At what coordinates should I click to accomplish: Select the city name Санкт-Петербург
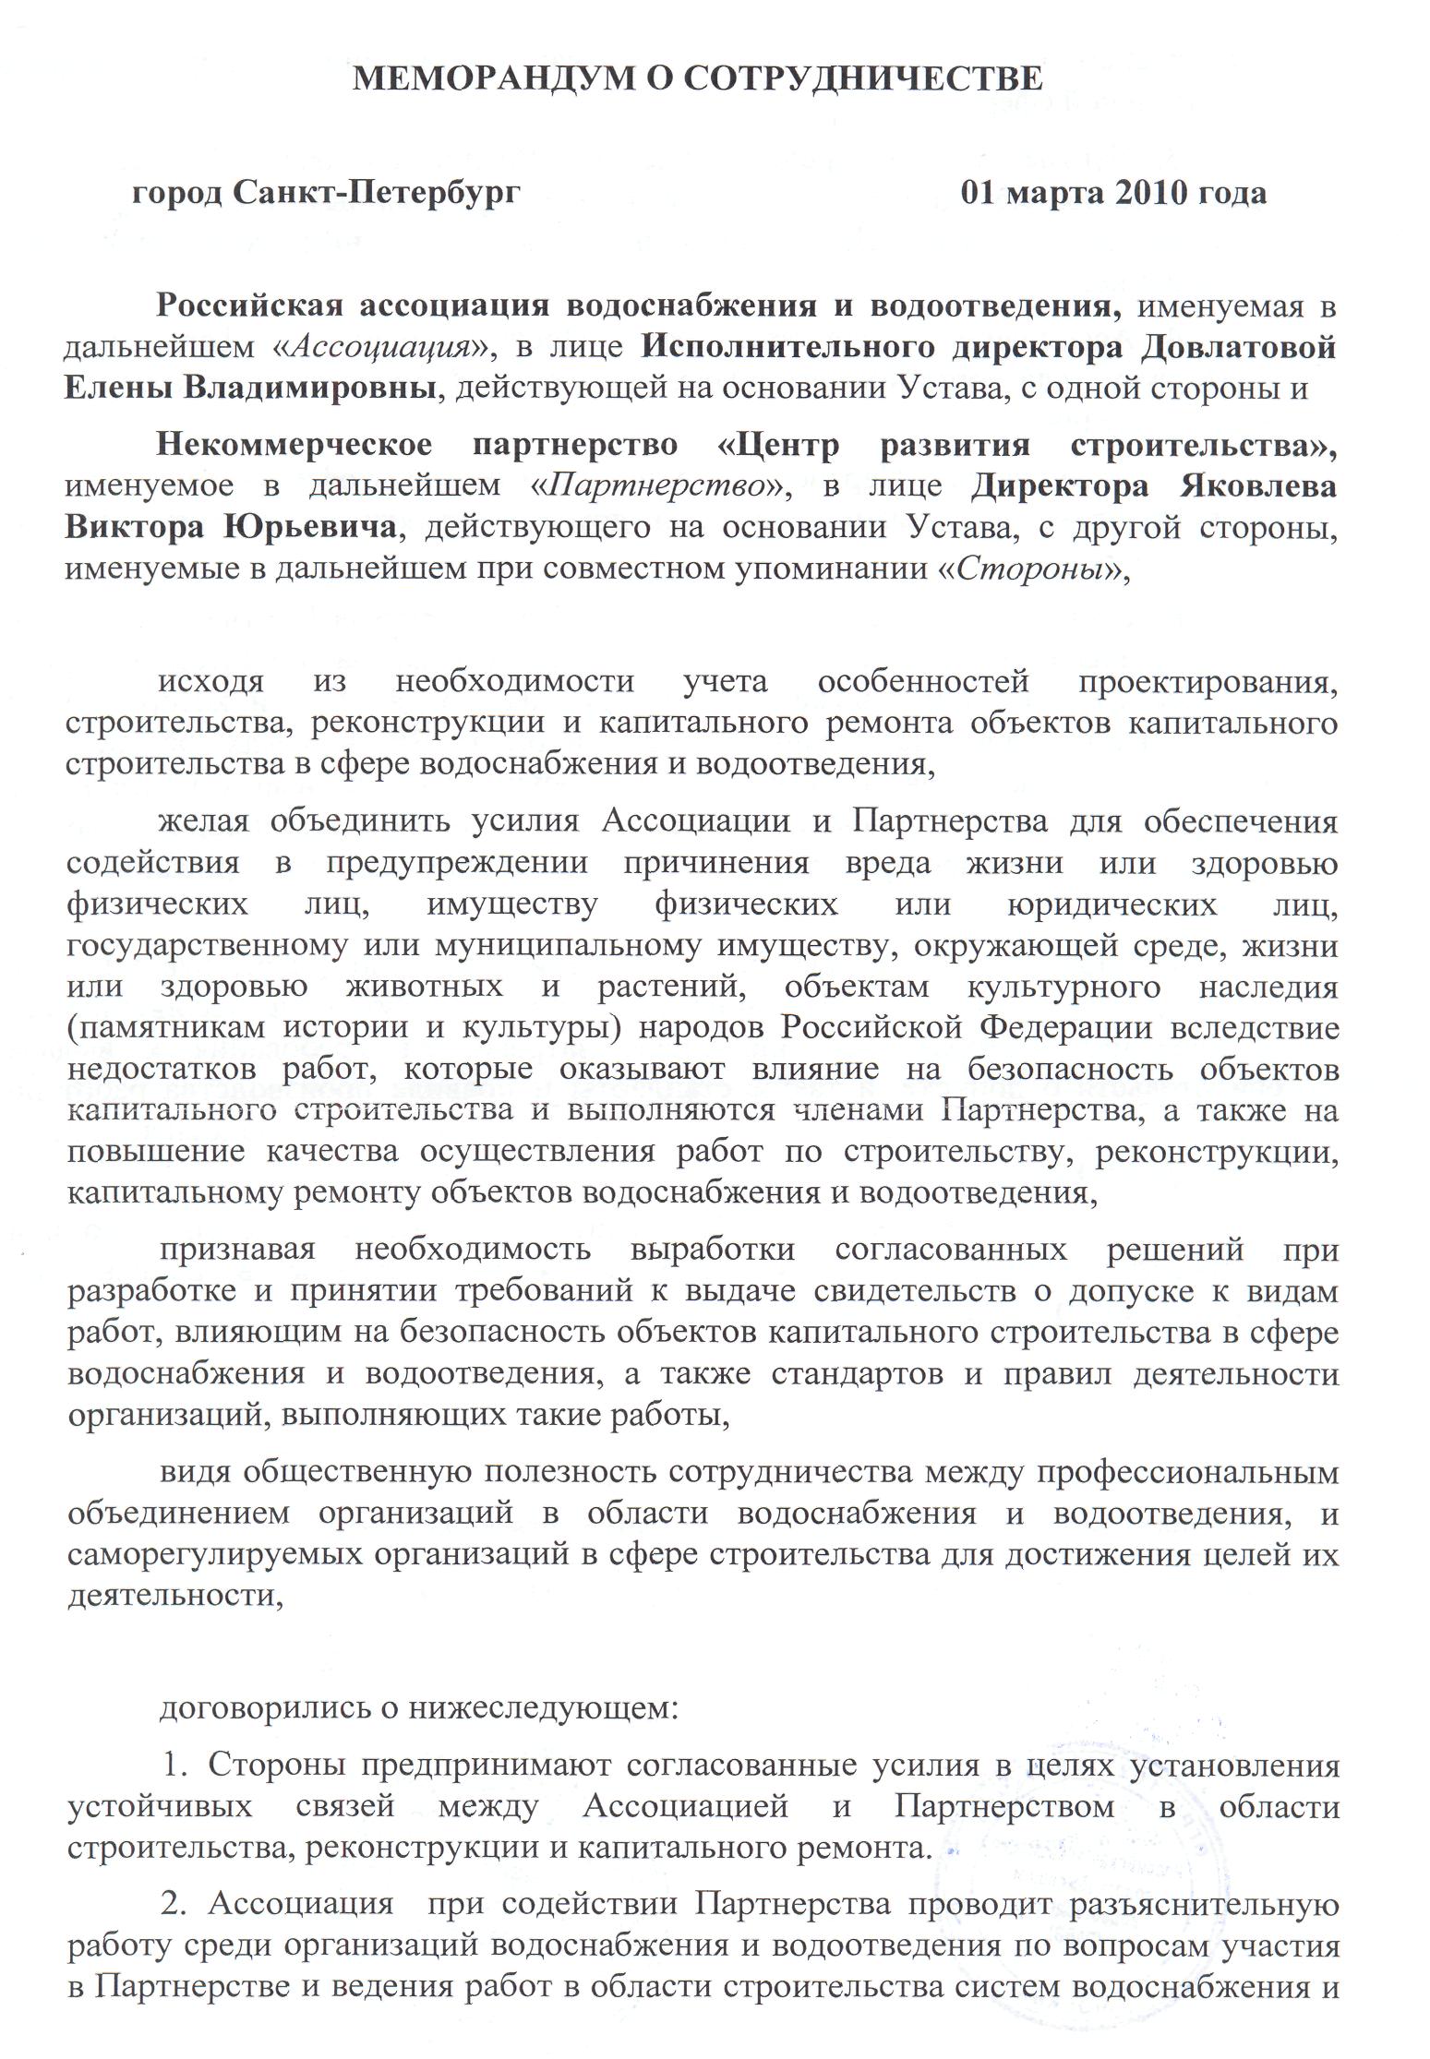point(376,193)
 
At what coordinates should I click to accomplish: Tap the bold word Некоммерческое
point(293,445)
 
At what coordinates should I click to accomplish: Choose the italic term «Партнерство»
point(656,485)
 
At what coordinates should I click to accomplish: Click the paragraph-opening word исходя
point(211,682)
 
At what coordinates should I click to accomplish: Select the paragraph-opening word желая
point(204,820)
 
